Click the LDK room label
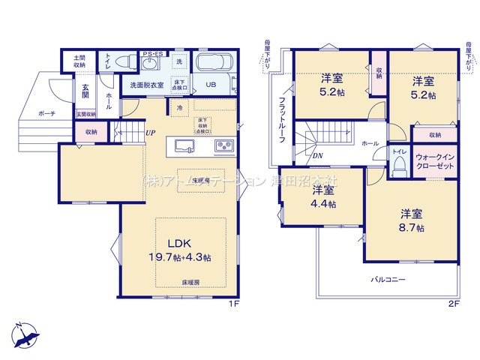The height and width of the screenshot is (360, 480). point(179,244)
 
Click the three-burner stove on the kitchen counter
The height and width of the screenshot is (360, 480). point(224,145)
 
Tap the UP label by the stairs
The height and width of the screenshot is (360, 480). point(151,133)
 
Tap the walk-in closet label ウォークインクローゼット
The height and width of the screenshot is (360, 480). point(435,162)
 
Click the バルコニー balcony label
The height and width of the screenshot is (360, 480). point(388,280)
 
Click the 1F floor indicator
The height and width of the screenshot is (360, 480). point(232,304)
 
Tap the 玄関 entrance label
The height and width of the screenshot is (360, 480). point(85,91)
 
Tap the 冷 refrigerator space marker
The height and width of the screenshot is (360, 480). point(181,107)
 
